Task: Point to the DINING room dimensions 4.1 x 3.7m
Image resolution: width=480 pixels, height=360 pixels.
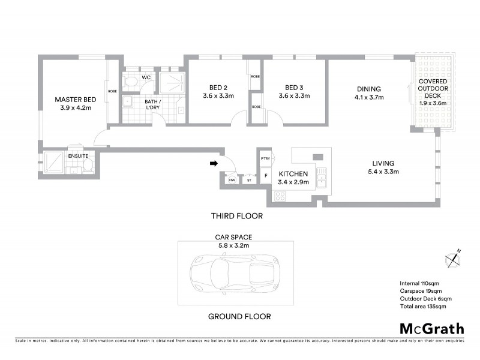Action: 368,97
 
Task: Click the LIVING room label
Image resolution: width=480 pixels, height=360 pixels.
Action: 383,163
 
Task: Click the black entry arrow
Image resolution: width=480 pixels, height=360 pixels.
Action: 213,163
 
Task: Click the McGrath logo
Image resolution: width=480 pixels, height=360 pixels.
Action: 431,329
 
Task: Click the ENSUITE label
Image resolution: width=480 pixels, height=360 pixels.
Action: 78,156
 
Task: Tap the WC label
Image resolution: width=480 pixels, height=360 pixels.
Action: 146,78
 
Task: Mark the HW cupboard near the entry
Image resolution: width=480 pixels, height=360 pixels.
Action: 232,179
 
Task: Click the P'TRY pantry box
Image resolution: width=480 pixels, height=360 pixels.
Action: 265,158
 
